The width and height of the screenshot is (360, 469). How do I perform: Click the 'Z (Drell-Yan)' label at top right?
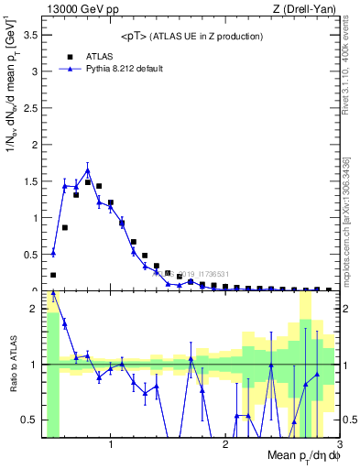pos(307,8)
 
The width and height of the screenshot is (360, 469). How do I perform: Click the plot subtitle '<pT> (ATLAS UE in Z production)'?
pos(191,36)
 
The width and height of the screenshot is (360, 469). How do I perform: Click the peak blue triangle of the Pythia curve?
pos(88,170)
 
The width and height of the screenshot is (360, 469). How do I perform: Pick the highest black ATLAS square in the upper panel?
pos(88,182)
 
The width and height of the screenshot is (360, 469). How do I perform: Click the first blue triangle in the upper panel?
pos(53,253)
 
